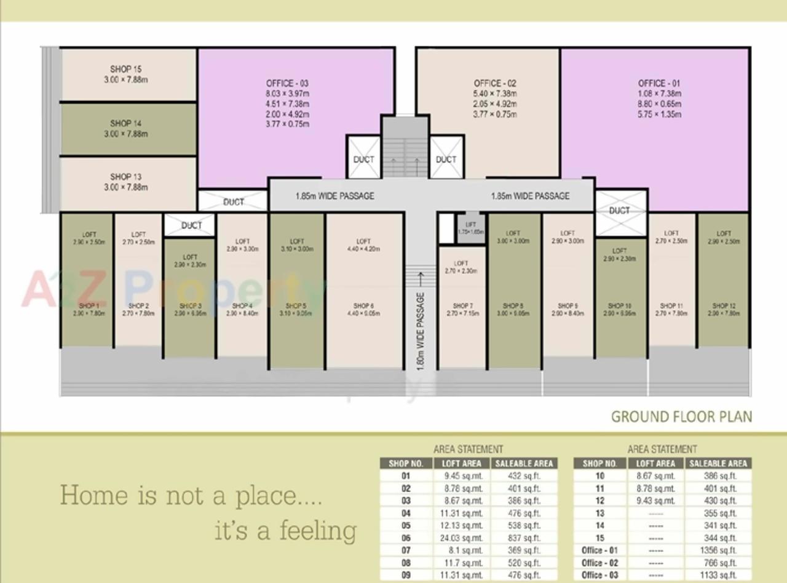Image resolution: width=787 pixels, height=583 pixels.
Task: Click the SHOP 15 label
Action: pos(125,69)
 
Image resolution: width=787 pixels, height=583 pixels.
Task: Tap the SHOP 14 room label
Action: pos(125,123)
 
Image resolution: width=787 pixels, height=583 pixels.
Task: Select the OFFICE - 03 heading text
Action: pos(287,84)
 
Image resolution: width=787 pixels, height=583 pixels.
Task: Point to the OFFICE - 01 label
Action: pos(658,84)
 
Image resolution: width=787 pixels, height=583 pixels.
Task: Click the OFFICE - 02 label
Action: pos(495,84)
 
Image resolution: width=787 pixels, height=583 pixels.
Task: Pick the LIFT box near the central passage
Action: pos(471,228)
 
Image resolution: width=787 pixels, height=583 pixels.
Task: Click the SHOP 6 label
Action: pos(364,306)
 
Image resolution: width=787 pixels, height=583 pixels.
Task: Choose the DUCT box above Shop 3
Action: pos(191,225)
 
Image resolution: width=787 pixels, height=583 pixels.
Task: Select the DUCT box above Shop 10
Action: pos(620,211)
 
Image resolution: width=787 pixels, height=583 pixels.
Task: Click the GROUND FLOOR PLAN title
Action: pos(681,417)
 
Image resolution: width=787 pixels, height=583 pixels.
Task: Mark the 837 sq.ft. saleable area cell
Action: pos(524,538)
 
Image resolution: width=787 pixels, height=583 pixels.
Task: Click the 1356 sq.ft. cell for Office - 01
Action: pos(718,550)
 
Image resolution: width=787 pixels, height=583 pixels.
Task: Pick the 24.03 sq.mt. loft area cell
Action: pos(462,538)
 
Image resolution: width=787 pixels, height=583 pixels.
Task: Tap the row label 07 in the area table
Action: pos(406,550)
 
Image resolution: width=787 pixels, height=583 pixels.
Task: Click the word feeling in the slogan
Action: pos(318,530)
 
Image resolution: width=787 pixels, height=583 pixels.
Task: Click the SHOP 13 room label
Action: pos(125,177)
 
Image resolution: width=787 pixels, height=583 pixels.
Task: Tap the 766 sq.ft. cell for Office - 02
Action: pos(718,563)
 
